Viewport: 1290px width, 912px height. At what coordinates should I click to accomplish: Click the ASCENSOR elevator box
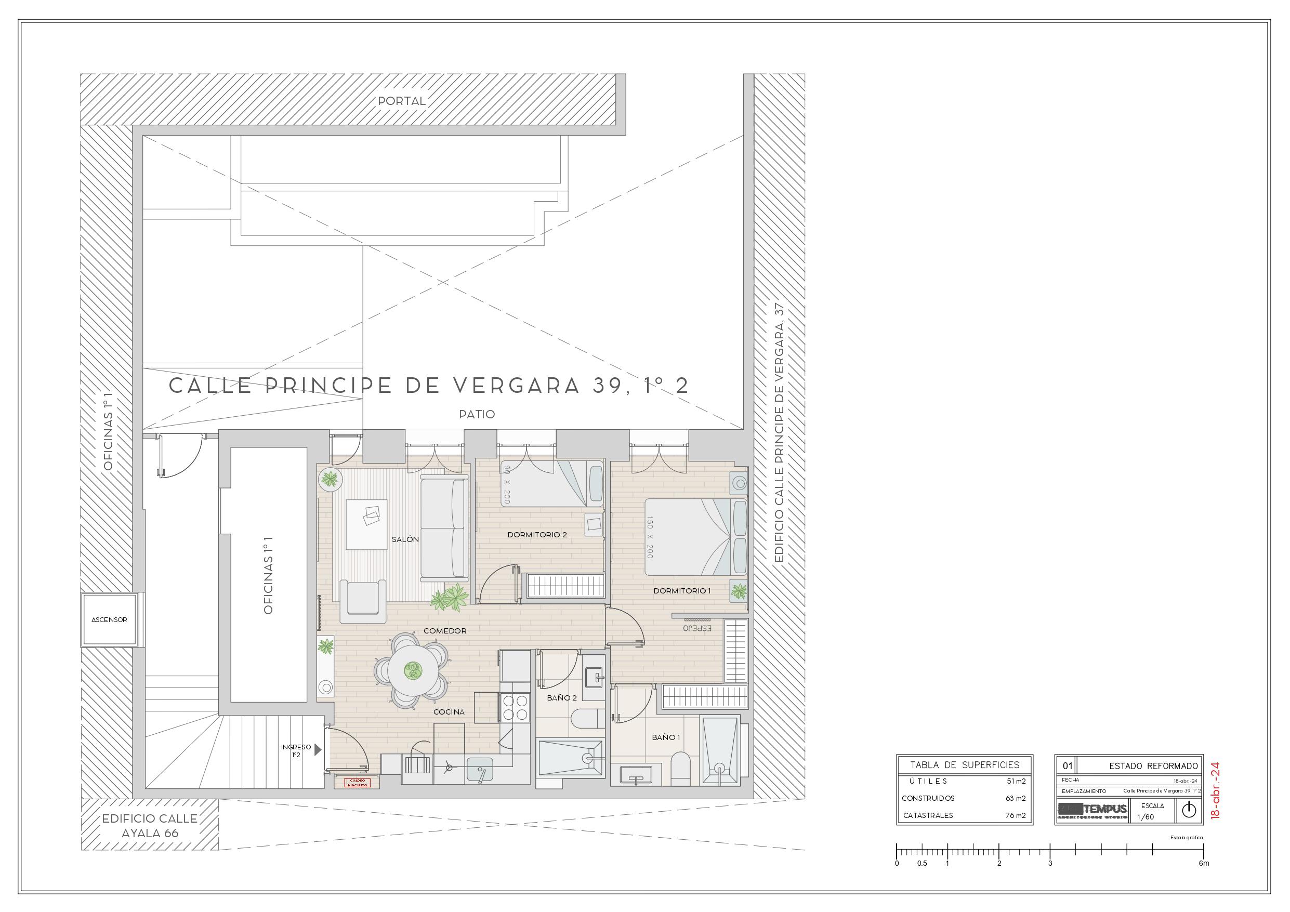[110, 620]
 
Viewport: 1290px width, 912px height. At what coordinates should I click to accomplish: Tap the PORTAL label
[402, 101]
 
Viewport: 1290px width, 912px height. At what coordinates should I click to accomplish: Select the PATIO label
[477, 414]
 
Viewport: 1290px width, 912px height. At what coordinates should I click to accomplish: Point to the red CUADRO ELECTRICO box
[358, 783]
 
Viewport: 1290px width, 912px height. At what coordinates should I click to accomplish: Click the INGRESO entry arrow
[318, 749]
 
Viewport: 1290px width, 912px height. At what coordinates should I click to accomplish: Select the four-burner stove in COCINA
[515, 707]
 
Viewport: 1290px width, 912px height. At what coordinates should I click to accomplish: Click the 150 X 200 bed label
[650, 537]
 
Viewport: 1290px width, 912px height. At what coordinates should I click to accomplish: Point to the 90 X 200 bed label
[507, 483]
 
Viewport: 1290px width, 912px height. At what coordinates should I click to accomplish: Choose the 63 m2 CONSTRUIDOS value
[1015, 798]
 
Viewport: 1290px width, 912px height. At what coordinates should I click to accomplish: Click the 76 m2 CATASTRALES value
[1015, 815]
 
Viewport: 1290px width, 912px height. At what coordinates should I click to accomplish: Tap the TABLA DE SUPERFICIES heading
[965, 765]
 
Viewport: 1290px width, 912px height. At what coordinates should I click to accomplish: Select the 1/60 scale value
[1145, 816]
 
